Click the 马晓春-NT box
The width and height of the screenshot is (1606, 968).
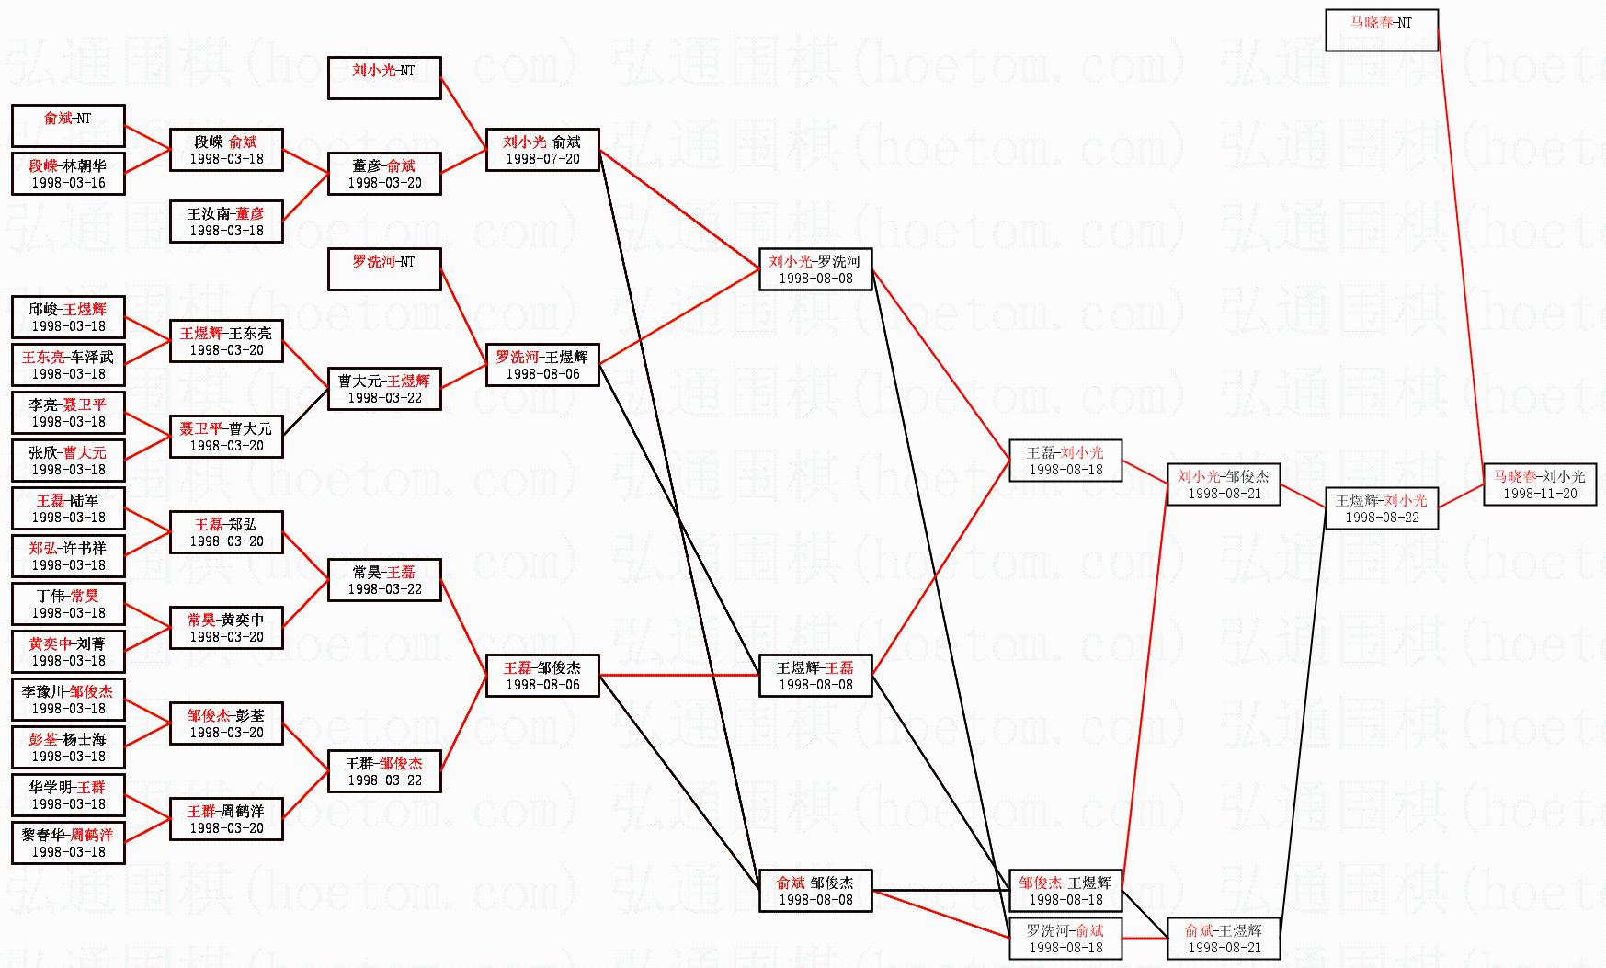coord(1381,30)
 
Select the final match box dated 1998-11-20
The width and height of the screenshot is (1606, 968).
coord(1540,484)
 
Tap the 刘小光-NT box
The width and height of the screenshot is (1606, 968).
coord(384,78)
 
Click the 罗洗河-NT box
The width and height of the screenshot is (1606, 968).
coord(384,269)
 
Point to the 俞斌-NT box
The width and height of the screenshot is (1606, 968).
coord(68,126)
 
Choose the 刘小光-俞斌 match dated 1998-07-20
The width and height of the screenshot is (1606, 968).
coord(542,150)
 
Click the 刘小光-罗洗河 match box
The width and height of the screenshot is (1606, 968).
coord(815,269)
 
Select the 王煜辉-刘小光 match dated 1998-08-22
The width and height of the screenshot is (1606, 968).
coord(1381,508)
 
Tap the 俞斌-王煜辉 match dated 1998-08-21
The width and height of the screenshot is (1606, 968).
coord(1224,939)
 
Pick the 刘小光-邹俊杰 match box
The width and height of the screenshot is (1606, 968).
coord(1224,484)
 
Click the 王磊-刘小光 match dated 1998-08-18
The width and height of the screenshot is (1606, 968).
coord(1065,461)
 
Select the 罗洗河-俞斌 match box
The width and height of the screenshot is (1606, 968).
coord(1065,939)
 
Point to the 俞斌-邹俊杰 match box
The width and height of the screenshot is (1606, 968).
coord(815,891)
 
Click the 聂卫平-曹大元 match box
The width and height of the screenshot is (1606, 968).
coord(226,437)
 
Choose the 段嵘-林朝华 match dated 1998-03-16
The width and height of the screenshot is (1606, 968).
coord(68,174)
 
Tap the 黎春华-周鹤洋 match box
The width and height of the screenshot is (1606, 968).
coord(68,843)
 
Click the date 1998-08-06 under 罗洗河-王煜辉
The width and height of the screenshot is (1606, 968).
coord(542,374)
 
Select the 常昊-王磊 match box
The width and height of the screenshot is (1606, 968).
coord(384,580)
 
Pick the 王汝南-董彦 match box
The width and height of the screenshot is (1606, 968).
coord(226,222)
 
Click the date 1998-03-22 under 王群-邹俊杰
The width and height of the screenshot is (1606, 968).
coord(384,780)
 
